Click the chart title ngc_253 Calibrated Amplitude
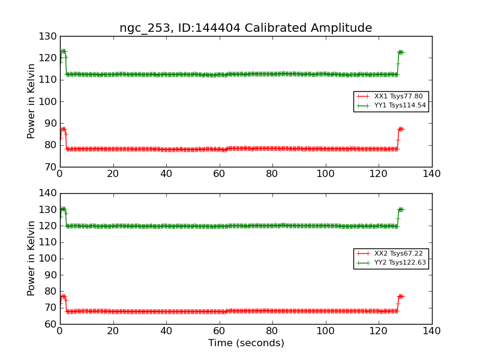point(245,28)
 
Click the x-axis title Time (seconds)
point(246,343)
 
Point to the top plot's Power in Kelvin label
point(32,101)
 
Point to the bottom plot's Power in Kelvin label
point(32,258)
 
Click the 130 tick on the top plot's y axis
point(48,36)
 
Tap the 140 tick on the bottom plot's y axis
point(48,193)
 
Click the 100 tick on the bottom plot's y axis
point(48,259)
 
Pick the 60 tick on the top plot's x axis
point(219,174)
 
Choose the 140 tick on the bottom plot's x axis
point(431,331)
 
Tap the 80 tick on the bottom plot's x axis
point(272,331)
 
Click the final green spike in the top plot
point(400,52)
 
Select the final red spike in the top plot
point(400,129)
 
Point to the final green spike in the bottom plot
point(400,209)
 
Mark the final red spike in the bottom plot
point(400,296)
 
